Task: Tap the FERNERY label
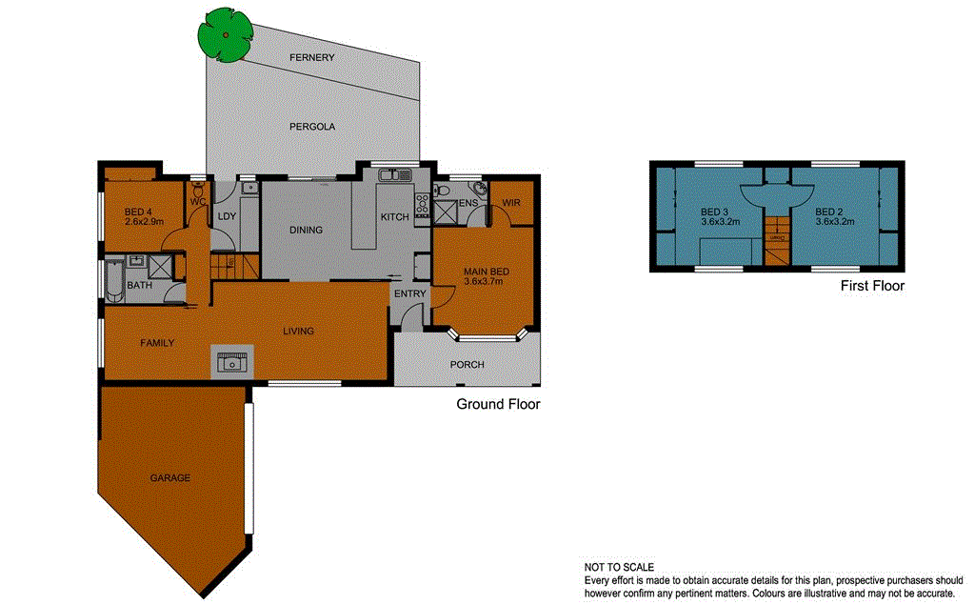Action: coord(312,58)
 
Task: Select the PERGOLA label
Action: coord(312,126)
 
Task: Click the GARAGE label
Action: coord(169,478)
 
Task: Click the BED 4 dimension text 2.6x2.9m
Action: coord(145,221)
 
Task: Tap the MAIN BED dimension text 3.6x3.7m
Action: coord(486,282)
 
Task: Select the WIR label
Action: coord(511,203)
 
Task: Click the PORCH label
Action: coord(467,365)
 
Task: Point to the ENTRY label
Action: coord(410,293)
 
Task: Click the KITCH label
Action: coord(394,217)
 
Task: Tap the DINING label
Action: coord(306,230)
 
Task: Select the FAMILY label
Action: coord(157,342)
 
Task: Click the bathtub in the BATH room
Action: coord(114,283)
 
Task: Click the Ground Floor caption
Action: coord(498,404)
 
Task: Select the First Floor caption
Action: coord(872,285)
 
